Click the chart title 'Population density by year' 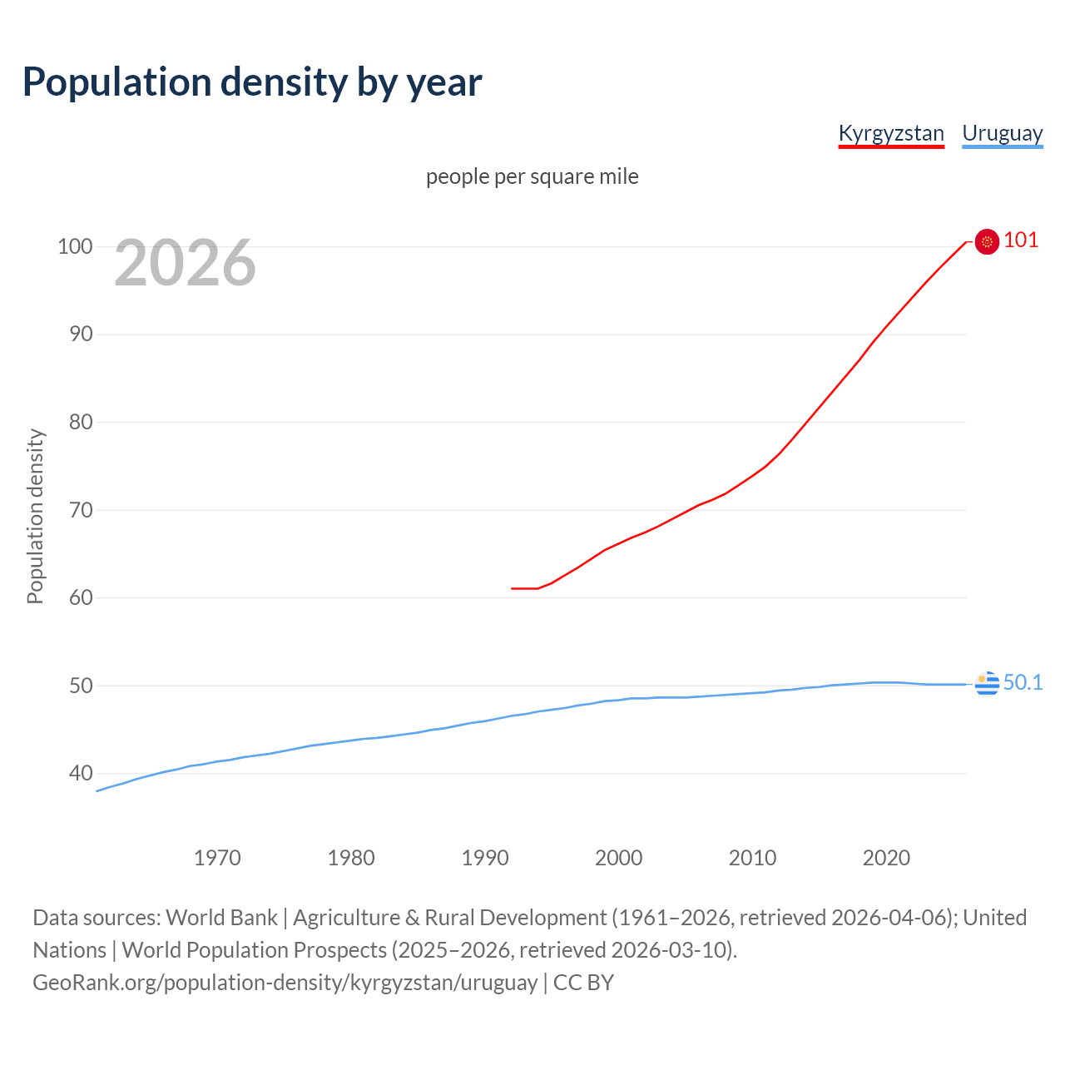[252, 82]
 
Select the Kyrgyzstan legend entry [890, 133]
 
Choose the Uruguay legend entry [1002, 133]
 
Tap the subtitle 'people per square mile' [532, 177]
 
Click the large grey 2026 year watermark [185, 263]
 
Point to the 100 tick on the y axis [75, 247]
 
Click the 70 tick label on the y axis [81, 510]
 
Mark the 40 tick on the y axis [81, 774]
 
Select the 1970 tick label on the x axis [217, 858]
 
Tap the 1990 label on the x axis [485, 858]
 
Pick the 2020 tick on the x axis [886, 858]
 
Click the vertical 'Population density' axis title [35, 516]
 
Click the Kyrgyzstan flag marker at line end [987, 241]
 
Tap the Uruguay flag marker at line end [987, 684]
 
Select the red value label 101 [1021, 240]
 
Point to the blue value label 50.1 [1023, 683]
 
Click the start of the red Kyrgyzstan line [513, 588]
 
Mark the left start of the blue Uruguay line [98, 790]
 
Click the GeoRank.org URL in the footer [285, 983]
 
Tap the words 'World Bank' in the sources [221, 918]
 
